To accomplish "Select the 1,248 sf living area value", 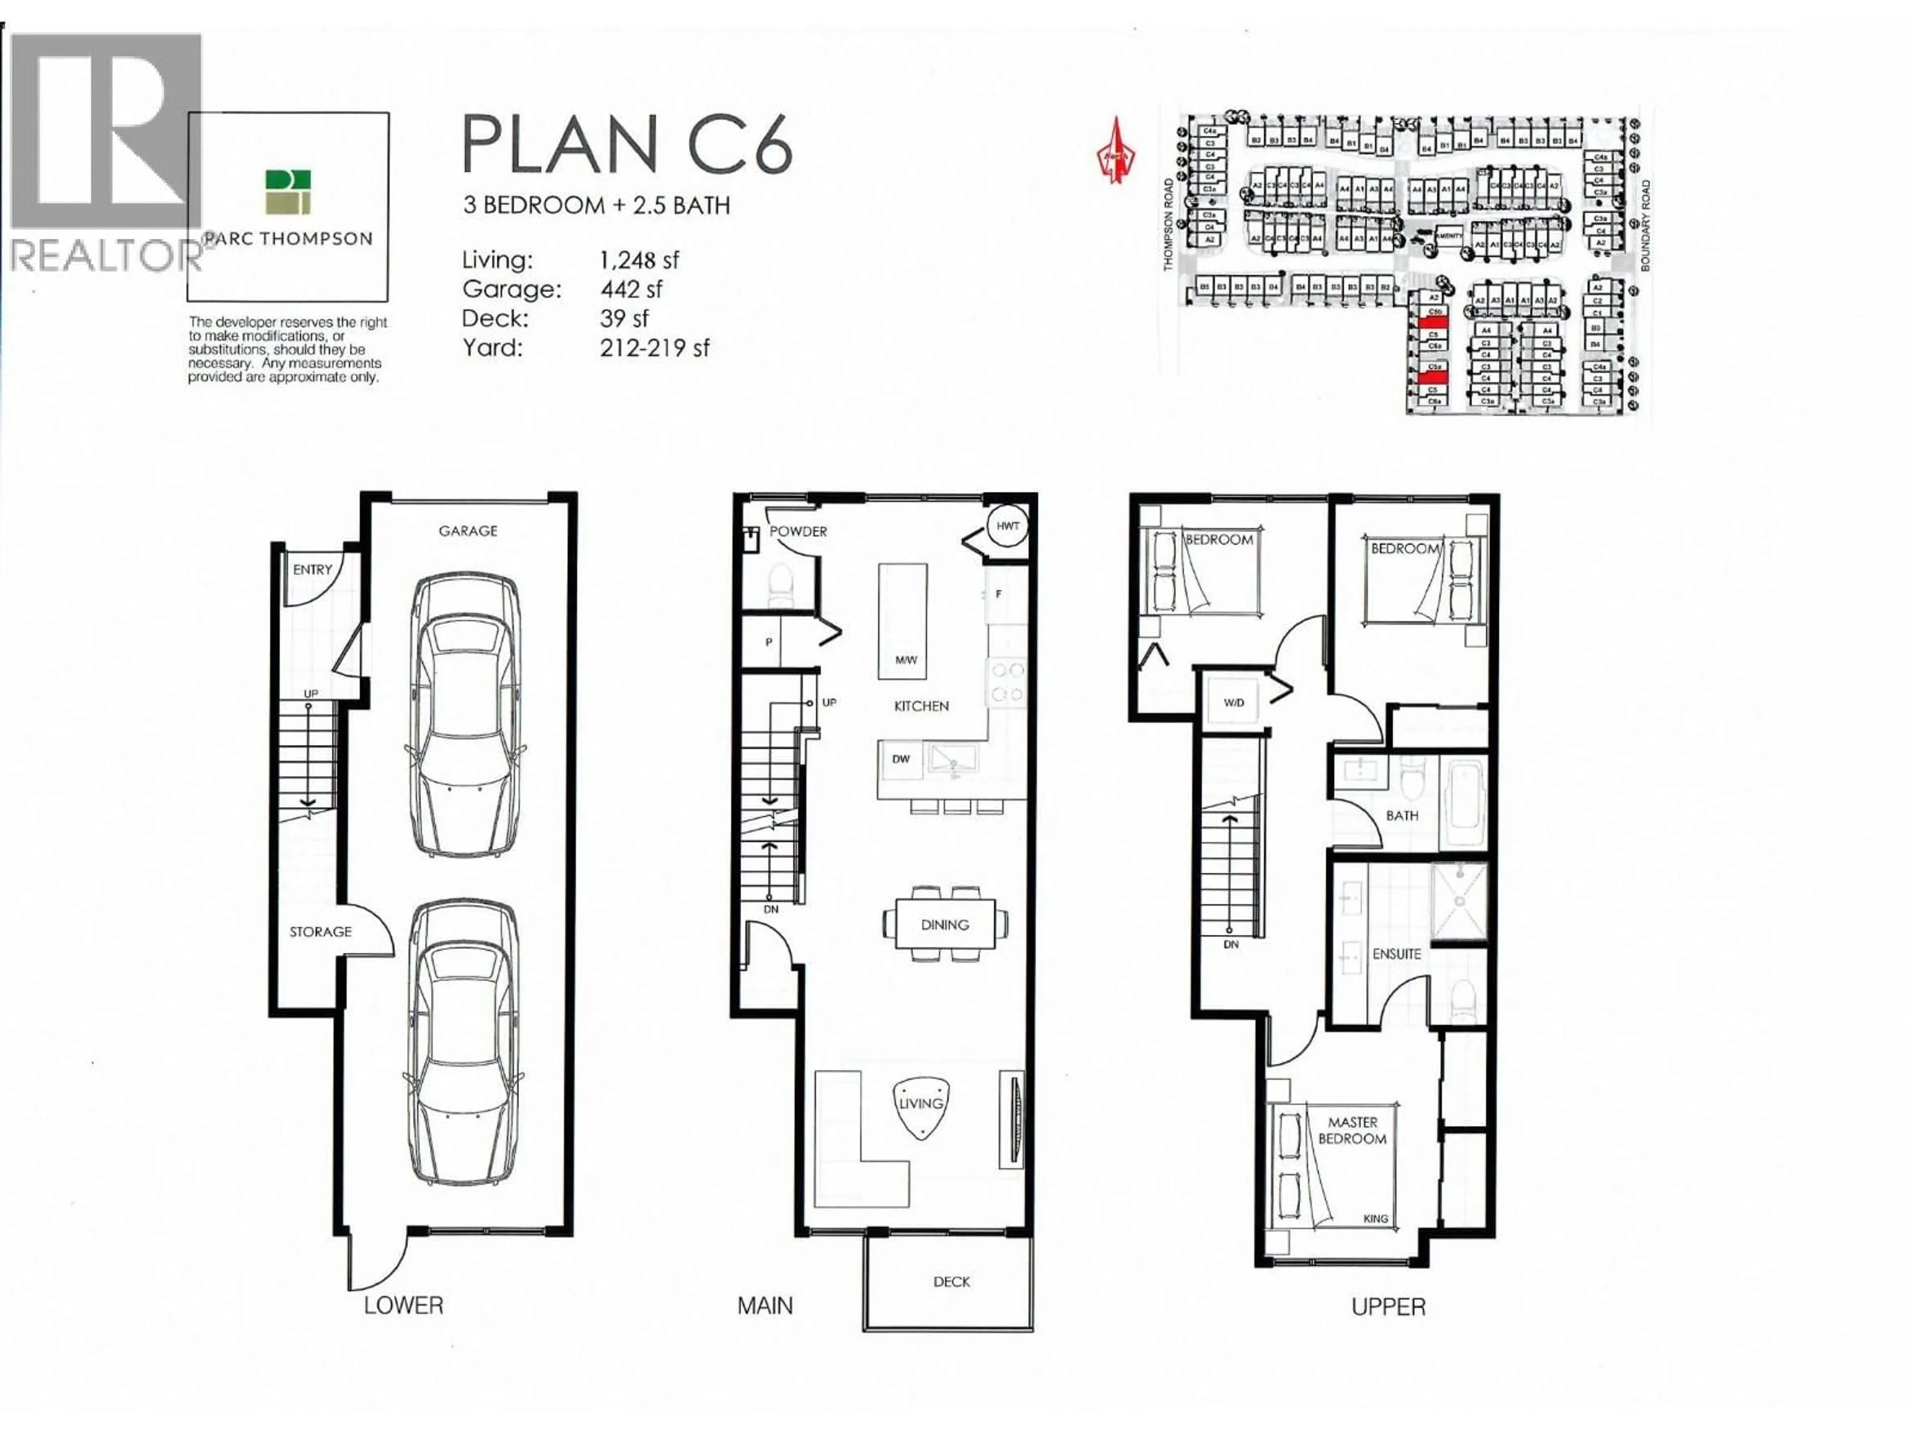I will (x=639, y=260).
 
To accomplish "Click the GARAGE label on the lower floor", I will (x=467, y=530).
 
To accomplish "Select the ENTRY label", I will (x=312, y=569).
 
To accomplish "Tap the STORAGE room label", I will (x=320, y=931).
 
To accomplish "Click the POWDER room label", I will (x=798, y=531).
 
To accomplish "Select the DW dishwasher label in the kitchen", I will (x=901, y=759).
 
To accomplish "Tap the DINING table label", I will (x=944, y=924).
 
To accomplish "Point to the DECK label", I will (x=951, y=1282).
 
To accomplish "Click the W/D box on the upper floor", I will (x=1234, y=702).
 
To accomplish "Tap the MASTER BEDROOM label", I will (x=1352, y=1130).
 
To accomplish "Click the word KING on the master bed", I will (x=1376, y=1219).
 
